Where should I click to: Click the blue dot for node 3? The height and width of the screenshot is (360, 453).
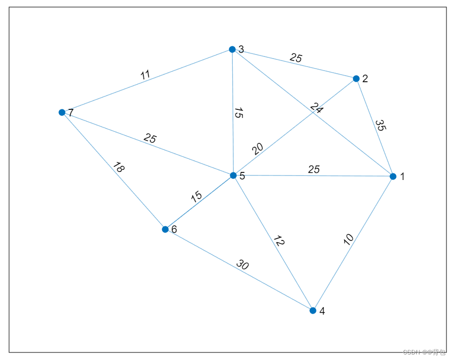pyautogui.click(x=232, y=49)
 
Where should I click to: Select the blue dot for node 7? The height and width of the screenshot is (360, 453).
pyautogui.click(x=62, y=112)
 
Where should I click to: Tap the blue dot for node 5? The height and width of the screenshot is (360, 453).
pyautogui.click(x=233, y=175)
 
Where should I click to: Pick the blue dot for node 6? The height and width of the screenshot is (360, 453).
pyautogui.click(x=165, y=229)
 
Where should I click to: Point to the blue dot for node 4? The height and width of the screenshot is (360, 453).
pyautogui.click(x=312, y=311)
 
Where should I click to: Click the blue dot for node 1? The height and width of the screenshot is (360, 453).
pyautogui.click(x=393, y=176)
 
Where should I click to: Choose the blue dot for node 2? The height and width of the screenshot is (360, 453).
pyautogui.click(x=356, y=79)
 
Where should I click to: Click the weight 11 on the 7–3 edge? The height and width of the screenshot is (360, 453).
pyautogui.click(x=145, y=75)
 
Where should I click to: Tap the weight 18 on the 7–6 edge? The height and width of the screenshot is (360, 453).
pyautogui.click(x=119, y=167)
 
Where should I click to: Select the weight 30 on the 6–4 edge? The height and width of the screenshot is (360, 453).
pyautogui.click(x=242, y=265)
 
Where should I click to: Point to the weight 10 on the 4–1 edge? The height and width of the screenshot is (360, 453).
pyautogui.click(x=348, y=239)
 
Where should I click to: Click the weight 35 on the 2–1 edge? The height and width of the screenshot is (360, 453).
pyautogui.click(x=380, y=125)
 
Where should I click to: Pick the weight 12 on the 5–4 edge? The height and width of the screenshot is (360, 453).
pyautogui.click(x=279, y=241)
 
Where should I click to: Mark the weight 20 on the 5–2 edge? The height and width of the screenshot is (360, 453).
pyautogui.click(x=257, y=149)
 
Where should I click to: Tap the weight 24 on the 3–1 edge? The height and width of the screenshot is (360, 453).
pyautogui.click(x=316, y=108)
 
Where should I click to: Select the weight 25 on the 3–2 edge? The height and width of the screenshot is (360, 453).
pyautogui.click(x=296, y=58)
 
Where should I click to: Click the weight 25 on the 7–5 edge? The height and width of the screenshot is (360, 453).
pyautogui.click(x=150, y=138)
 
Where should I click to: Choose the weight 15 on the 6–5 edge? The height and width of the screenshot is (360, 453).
pyautogui.click(x=197, y=196)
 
